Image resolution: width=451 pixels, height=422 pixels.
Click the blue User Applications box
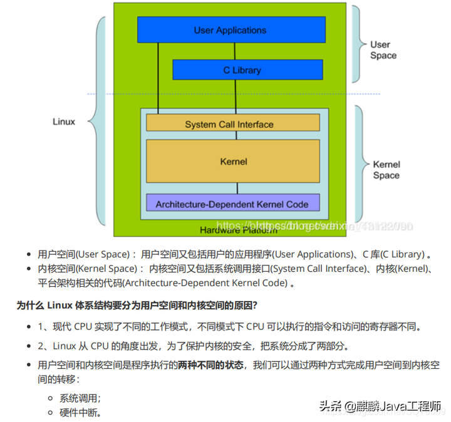[231, 29]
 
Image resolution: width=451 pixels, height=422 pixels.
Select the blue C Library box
[247, 70]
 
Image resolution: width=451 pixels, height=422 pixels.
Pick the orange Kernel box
[233, 162]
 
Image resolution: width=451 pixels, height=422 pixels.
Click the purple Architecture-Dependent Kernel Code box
[232, 203]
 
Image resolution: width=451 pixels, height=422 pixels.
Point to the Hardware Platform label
[238, 230]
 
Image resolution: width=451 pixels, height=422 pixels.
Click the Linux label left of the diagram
[64, 121]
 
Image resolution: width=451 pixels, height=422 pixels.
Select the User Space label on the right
[383, 49]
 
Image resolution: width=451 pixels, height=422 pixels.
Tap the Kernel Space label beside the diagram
[386, 170]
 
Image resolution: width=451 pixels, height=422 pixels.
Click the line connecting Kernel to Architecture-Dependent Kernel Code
[236, 188]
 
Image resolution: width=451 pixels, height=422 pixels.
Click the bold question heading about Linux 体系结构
[137, 306]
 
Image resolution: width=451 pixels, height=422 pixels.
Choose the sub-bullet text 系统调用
[80, 398]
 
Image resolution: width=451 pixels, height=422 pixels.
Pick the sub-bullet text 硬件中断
[80, 413]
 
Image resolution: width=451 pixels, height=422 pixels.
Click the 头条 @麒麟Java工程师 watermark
[380, 405]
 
